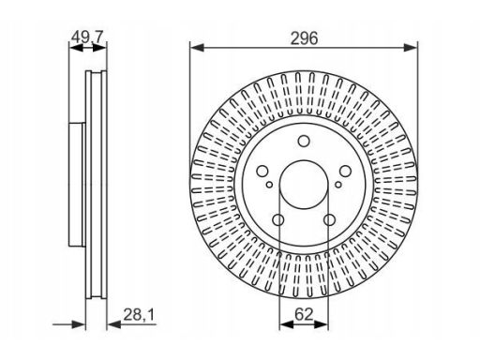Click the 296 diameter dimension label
(304, 38)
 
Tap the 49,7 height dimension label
(87, 37)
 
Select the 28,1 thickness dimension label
(139, 314)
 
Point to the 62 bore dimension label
(304, 314)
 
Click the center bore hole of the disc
(304, 185)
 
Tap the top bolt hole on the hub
(304, 141)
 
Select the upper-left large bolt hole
(262, 171)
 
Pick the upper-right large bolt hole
(345, 171)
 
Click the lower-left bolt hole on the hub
(278, 220)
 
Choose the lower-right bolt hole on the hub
(329, 220)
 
